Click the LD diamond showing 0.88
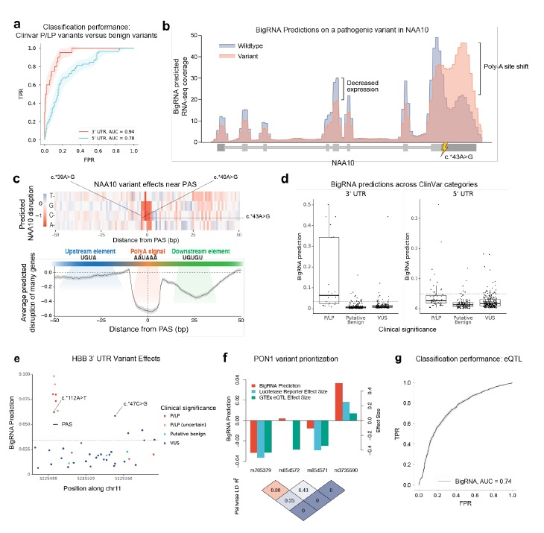click(277, 489)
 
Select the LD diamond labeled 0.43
click(304, 489)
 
